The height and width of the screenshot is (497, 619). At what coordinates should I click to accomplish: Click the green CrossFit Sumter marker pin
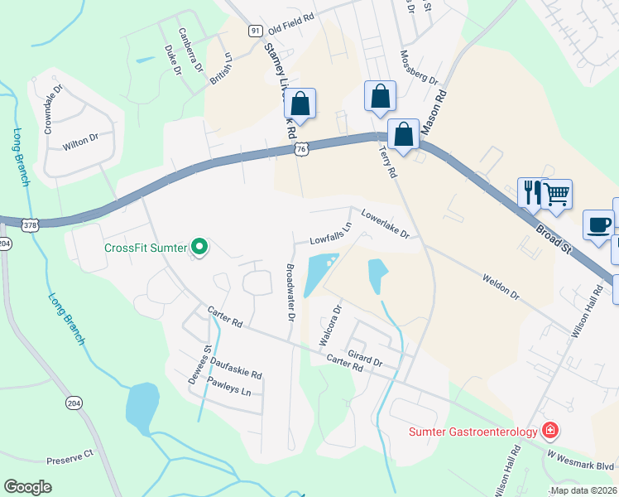pos(199,247)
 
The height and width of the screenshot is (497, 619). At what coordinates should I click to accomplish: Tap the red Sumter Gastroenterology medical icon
pos(549,431)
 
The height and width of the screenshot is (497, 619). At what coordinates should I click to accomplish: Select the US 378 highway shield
pos(31,224)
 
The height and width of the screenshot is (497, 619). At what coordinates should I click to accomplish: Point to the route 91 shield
pos(255,31)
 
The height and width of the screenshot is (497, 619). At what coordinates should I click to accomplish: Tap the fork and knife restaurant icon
pos(530,193)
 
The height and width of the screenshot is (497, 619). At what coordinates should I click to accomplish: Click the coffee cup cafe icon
pos(598,224)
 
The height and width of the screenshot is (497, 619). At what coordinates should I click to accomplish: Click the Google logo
pos(27,487)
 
